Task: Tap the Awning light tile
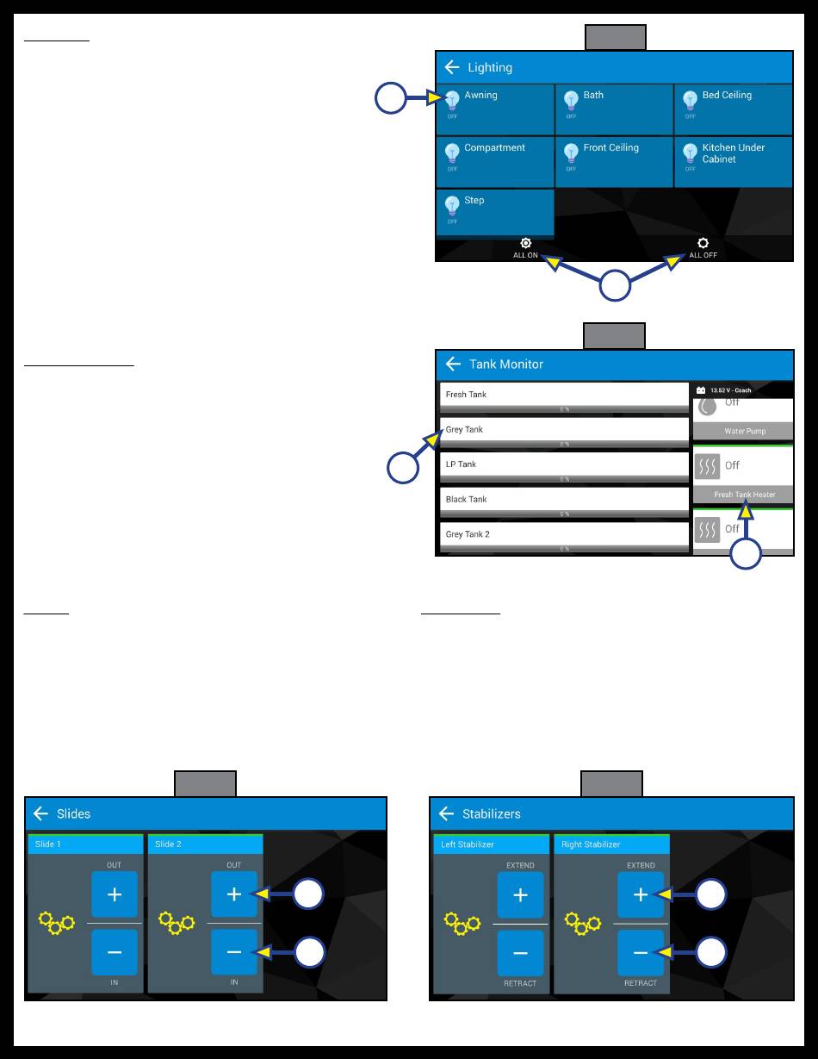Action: (494, 109)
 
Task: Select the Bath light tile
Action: (614, 109)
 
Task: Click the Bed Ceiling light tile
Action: (733, 109)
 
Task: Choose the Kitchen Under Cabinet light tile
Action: (733, 161)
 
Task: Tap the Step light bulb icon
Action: (452, 206)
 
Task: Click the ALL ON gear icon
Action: (525, 244)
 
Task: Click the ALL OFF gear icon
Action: (703, 244)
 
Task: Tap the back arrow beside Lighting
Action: (452, 67)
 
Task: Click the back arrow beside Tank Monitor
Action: (454, 364)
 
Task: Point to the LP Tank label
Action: (461, 464)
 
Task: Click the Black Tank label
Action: (466, 499)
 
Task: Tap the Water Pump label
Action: (744, 431)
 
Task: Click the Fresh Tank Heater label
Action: (744, 495)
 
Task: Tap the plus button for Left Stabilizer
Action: (520, 895)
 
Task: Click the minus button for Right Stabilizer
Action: (641, 953)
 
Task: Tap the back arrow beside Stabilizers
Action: (446, 813)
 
